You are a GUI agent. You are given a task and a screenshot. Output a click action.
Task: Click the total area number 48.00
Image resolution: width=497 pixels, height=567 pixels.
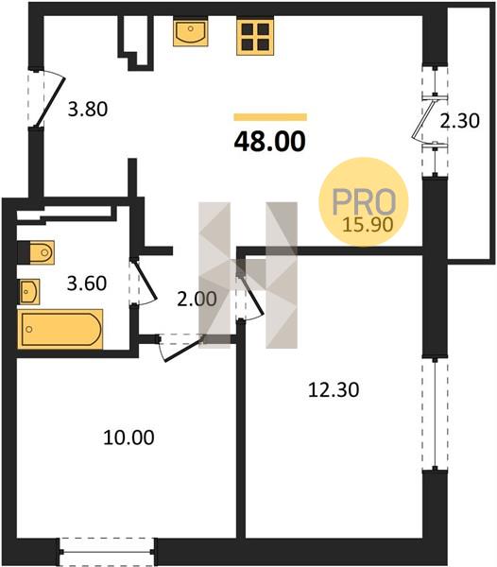coord(269,142)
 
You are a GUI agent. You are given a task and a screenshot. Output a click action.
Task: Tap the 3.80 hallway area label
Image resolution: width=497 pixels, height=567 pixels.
coord(88,109)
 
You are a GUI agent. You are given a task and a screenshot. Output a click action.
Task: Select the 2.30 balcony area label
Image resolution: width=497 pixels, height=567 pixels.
coord(459,121)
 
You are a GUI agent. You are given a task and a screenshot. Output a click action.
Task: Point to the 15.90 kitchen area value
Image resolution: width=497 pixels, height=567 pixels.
coord(368,225)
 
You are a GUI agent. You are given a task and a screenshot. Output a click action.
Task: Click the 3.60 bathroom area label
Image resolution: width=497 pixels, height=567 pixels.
coord(87,283)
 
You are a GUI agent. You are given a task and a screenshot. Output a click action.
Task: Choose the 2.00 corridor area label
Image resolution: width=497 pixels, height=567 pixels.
coord(197,299)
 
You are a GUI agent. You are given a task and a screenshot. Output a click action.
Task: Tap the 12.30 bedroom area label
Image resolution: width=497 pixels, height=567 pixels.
coord(334,389)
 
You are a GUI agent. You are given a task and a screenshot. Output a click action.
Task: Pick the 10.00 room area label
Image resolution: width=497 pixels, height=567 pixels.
coord(129,438)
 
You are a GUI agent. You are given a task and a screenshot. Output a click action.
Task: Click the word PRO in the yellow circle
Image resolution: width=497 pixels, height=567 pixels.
coord(364,201)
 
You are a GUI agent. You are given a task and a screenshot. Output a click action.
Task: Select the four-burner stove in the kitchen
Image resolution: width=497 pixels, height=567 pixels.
coord(255,36)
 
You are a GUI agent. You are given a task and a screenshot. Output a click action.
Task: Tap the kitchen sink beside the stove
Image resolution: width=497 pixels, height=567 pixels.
coord(191,31)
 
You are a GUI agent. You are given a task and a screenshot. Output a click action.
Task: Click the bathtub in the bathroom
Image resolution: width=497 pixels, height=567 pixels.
coord(60,329)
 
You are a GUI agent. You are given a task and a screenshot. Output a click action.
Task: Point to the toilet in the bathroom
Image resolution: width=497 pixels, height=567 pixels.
coord(36,252)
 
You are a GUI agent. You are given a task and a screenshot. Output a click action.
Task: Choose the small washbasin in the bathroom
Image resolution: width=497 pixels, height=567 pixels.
coord(29,291)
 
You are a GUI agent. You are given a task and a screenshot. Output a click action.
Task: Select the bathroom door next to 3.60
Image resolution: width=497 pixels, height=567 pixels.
coord(144,282)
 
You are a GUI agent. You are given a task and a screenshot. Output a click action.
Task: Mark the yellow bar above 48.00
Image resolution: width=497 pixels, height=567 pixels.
coord(270,117)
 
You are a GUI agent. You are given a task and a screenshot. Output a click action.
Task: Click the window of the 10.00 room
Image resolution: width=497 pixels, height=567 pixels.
coord(108,552)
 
